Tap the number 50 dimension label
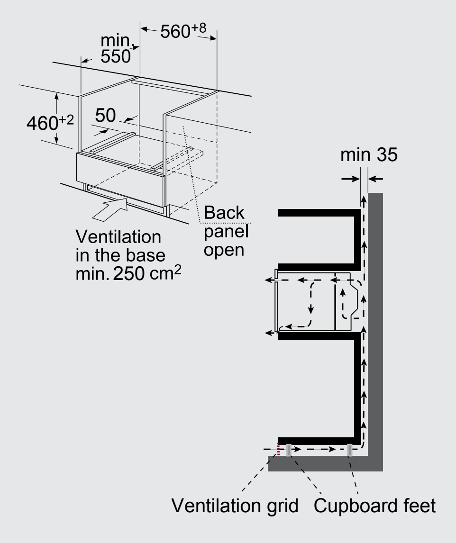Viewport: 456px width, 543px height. [x=105, y=115]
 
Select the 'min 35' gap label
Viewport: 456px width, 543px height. [x=369, y=154]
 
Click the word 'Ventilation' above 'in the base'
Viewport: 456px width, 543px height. [x=119, y=237]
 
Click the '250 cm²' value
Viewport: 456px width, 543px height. [x=147, y=273]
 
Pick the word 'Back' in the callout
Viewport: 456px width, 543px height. [x=224, y=212]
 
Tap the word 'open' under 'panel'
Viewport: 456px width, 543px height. [x=224, y=250]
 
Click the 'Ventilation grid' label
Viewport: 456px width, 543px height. [x=235, y=506]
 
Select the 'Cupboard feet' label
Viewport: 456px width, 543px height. [x=374, y=506]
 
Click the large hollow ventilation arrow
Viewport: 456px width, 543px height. [x=110, y=209]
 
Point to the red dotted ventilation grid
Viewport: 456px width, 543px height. [x=278, y=449]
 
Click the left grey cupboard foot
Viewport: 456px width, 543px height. [x=289, y=450]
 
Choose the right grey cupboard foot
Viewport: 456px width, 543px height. [x=350, y=450]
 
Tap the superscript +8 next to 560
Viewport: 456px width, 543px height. [x=199, y=27]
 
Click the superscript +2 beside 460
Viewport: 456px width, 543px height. [x=66, y=120]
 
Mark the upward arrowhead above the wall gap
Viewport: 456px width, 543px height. [x=364, y=199]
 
